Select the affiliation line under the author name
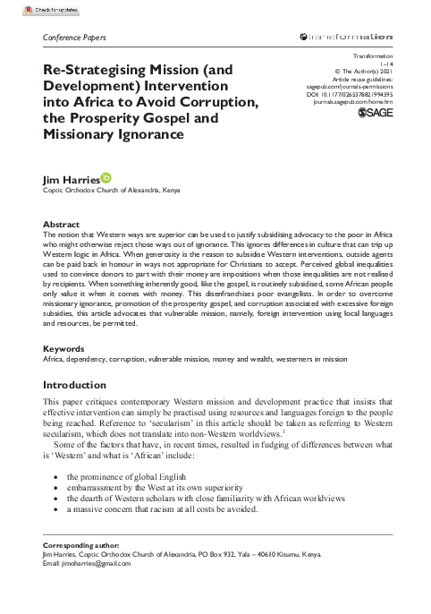tap(106, 192)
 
